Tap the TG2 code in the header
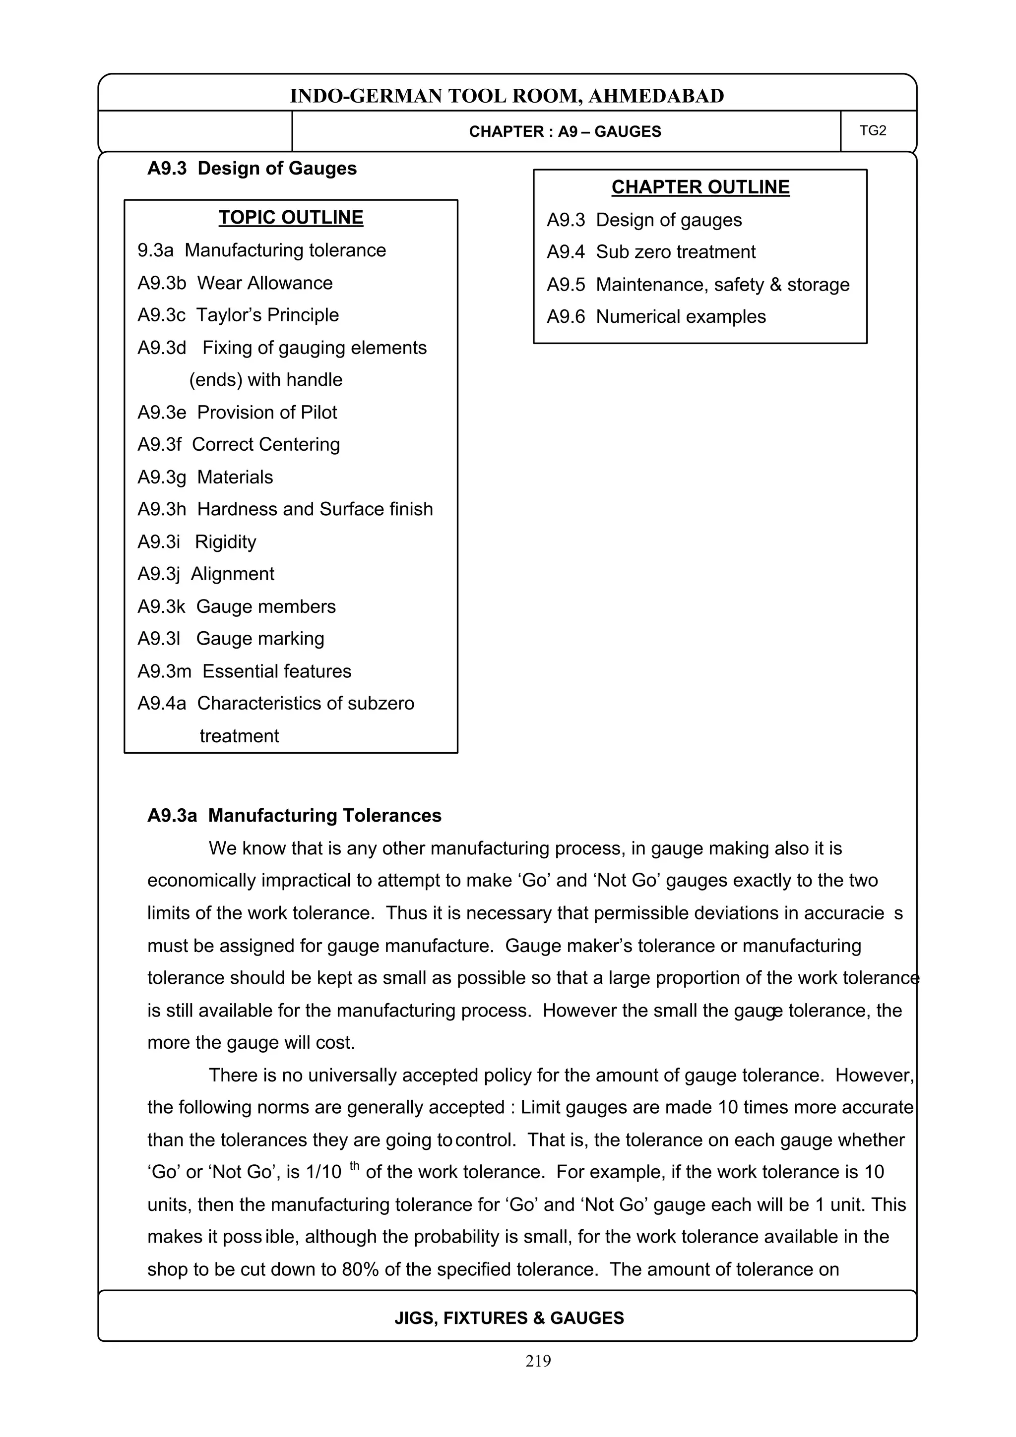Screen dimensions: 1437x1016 (873, 130)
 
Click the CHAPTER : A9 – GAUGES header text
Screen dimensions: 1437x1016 (565, 131)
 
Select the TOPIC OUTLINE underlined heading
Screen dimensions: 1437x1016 (291, 217)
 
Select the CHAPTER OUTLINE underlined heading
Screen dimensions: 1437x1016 (700, 187)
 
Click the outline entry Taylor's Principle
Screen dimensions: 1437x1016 (267, 315)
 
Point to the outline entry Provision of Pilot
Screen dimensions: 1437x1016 (267, 412)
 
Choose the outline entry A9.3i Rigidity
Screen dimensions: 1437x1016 (196, 541)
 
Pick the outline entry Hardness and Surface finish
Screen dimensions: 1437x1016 (315, 509)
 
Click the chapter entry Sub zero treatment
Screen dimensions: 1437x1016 (676, 251)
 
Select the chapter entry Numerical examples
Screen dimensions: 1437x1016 (681, 317)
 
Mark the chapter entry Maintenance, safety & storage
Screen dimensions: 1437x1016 (722, 285)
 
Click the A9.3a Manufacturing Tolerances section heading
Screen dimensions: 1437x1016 (294, 816)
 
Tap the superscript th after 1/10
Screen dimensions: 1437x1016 (354, 1165)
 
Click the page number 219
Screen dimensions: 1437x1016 (538, 1361)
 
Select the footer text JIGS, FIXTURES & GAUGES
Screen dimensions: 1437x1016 (508, 1318)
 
